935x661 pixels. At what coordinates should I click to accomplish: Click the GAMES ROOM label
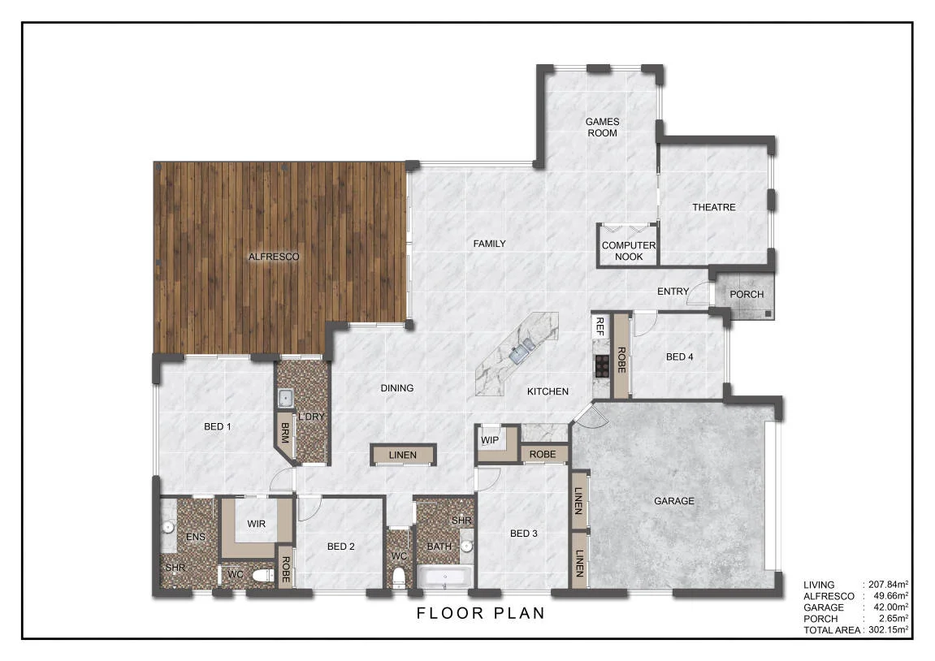tap(602, 127)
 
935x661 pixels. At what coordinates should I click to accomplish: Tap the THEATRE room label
tap(714, 207)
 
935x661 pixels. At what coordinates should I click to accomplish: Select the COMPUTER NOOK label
tap(629, 251)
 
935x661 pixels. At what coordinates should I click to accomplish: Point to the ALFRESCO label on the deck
tap(274, 257)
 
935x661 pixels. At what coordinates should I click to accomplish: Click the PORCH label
tap(747, 295)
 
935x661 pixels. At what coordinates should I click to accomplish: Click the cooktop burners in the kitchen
tap(602, 366)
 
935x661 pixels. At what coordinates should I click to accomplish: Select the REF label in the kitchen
tap(600, 326)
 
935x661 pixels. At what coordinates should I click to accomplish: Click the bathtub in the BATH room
tap(445, 577)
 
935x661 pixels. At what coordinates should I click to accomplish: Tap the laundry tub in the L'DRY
tap(286, 398)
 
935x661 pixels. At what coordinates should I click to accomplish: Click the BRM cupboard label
tap(285, 433)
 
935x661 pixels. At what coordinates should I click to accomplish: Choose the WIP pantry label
tap(490, 440)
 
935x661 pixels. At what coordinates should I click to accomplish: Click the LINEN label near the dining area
tap(402, 456)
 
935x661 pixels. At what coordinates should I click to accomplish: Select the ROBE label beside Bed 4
tap(621, 360)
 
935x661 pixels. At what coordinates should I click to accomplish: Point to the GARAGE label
tap(673, 501)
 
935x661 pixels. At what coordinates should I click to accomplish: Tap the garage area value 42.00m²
tap(890, 607)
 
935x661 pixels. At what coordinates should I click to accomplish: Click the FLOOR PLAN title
tap(481, 613)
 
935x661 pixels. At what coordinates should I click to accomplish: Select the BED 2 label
tap(341, 547)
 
